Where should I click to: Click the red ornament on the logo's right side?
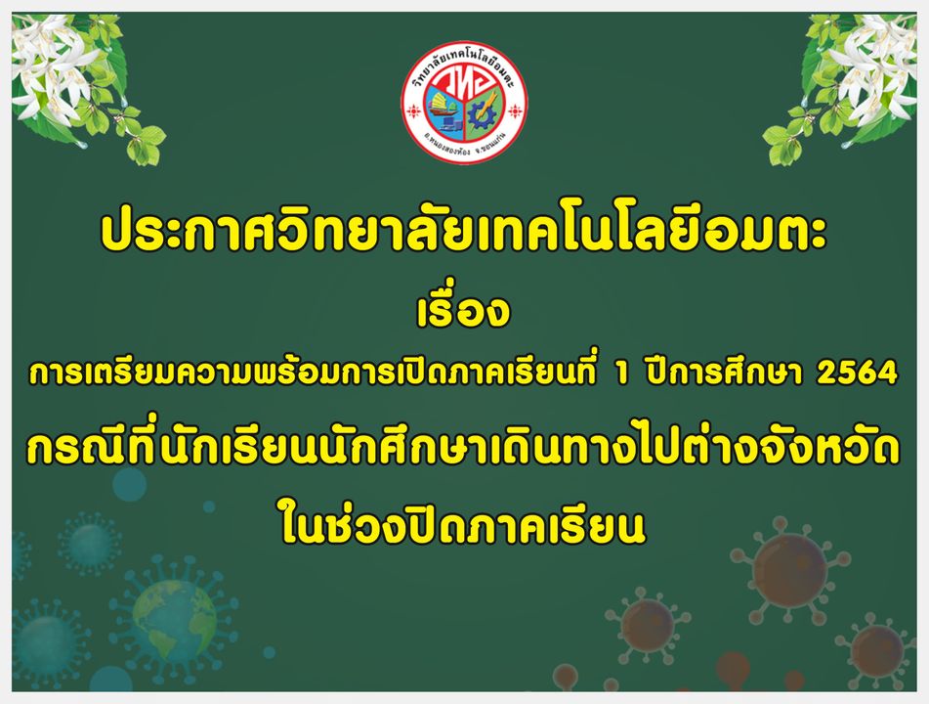tap(515, 110)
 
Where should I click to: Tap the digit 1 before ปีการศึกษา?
tap(621, 374)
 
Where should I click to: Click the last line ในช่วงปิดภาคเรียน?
tap(463, 522)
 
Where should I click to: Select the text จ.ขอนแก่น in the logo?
tap(490, 144)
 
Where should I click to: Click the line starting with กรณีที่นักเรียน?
tap(463, 448)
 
